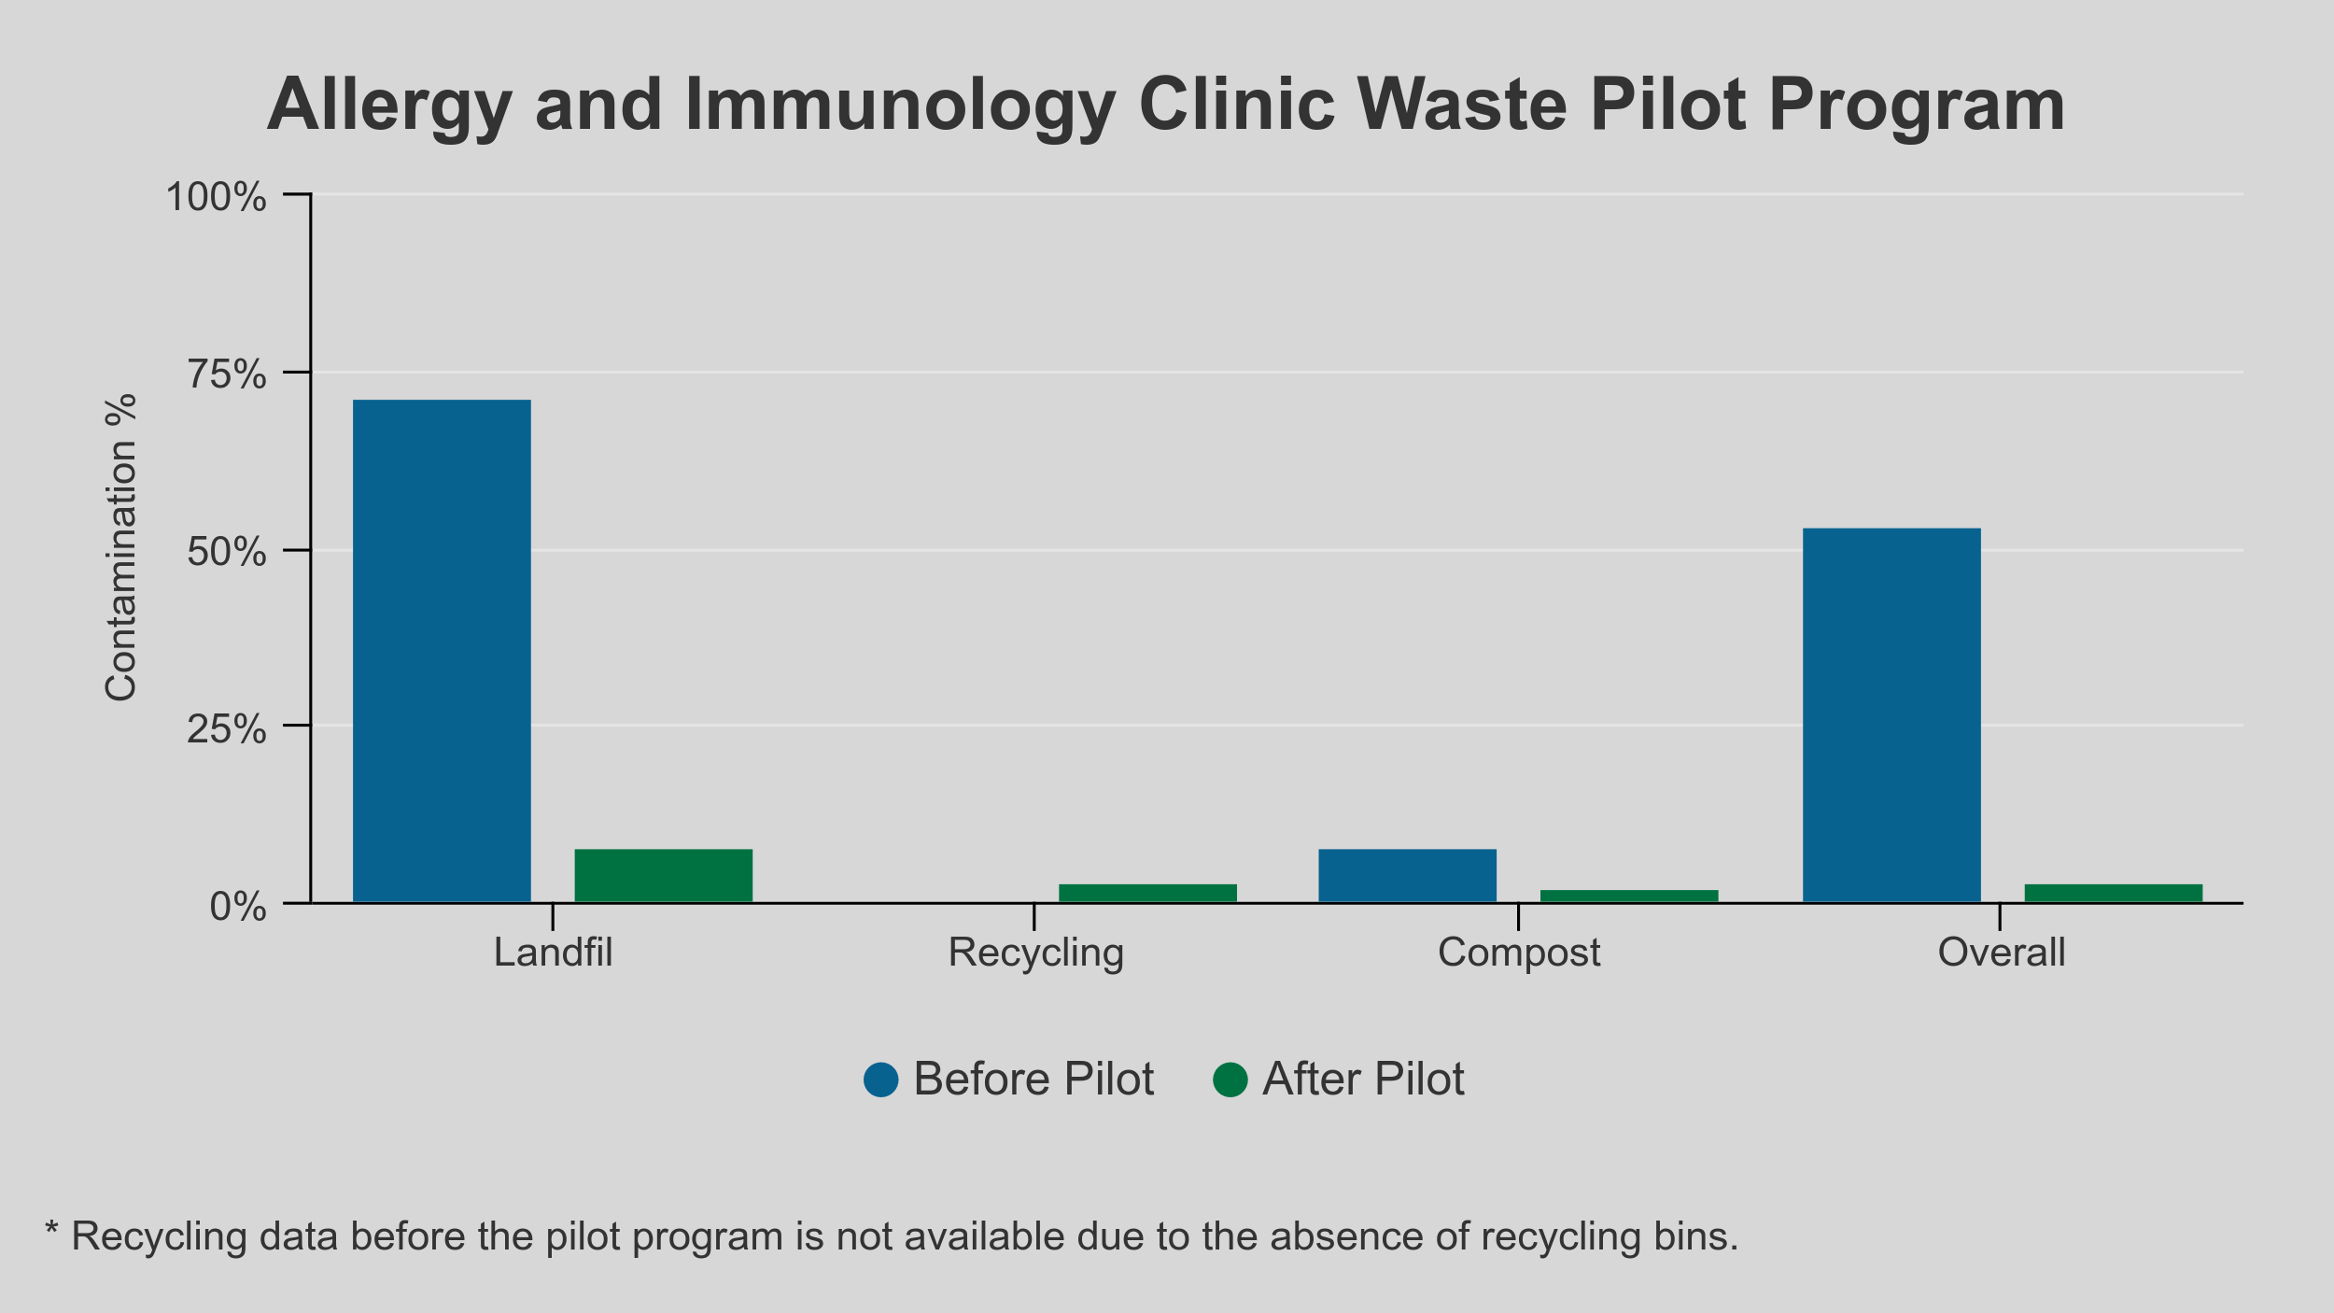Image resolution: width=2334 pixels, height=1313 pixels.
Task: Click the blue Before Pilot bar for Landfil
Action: click(x=442, y=651)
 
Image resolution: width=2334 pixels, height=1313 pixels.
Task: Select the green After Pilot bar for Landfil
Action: click(x=663, y=875)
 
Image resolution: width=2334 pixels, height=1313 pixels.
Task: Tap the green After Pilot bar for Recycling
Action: click(x=1147, y=893)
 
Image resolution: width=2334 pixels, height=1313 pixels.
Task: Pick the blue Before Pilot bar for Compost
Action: click(x=1407, y=875)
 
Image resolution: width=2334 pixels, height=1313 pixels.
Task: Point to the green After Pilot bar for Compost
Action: click(x=1629, y=896)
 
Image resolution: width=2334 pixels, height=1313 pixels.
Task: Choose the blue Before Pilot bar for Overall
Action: click(x=1891, y=715)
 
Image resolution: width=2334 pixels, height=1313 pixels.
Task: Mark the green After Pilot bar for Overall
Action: click(x=2114, y=893)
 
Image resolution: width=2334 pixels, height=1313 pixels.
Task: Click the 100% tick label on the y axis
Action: click(x=216, y=198)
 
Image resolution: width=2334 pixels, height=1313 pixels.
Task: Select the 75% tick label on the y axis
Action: click(x=227, y=375)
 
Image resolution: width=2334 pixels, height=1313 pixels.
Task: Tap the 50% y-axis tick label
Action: click(x=227, y=553)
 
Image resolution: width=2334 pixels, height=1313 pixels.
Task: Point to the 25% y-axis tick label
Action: click(x=227, y=729)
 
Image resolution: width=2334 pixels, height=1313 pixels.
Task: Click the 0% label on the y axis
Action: click(x=238, y=907)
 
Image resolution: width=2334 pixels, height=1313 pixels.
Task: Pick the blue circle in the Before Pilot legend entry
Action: click(x=880, y=1080)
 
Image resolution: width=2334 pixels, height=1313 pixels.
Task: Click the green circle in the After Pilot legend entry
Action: click(x=1230, y=1080)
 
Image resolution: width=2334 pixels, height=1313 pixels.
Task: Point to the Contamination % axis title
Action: click(x=121, y=548)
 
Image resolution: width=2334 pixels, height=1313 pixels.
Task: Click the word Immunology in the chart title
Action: click(x=900, y=106)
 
